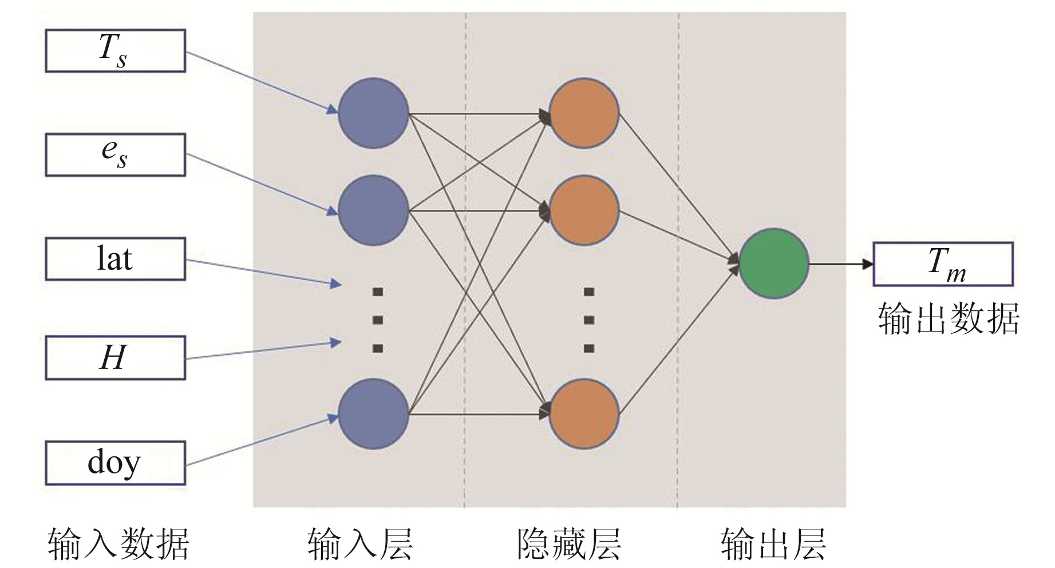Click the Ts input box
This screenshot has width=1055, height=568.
tap(115, 51)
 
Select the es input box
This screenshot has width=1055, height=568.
tap(115, 155)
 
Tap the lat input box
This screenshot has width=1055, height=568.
tap(115, 259)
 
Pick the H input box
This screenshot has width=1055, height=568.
tap(115, 358)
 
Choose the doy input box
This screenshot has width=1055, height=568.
tap(115, 463)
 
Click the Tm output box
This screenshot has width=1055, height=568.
tap(943, 264)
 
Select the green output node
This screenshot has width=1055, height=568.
tap(774, 263)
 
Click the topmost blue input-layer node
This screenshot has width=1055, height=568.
tap(373, 113)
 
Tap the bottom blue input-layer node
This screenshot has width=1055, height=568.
tap(373, 413)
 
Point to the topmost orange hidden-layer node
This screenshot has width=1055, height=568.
tap(584, 113)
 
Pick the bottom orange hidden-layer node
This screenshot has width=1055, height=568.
tap(584, 413)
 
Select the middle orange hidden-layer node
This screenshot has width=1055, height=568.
tap(584, 211)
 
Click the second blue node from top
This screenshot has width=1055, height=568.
tap(373, 211)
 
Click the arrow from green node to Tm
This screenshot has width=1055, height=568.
tap(840, 264)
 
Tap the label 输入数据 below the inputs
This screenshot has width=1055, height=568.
tap(118, 544)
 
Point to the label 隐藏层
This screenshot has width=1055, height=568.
tap(568, 544)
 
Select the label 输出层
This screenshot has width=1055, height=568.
tap(773, 544)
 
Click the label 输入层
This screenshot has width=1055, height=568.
tap(360, 544)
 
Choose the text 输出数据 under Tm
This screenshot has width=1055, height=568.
tap(949, 319)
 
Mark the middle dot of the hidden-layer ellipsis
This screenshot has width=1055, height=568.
tap(589, 320)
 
